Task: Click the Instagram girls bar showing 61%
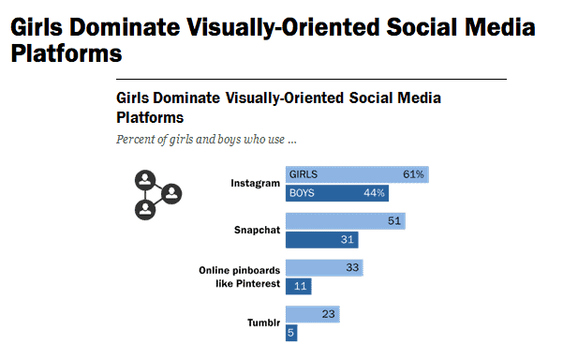356,174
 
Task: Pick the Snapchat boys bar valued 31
320,240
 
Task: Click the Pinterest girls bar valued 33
323,268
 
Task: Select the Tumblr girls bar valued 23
312,314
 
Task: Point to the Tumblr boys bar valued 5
292,332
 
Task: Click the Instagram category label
255,184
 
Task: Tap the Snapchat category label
257,230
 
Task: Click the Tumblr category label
262,322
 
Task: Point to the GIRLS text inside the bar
304,174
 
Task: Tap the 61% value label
413,174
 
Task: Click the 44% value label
373,193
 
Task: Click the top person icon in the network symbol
145,179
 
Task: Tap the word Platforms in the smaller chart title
149,118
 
